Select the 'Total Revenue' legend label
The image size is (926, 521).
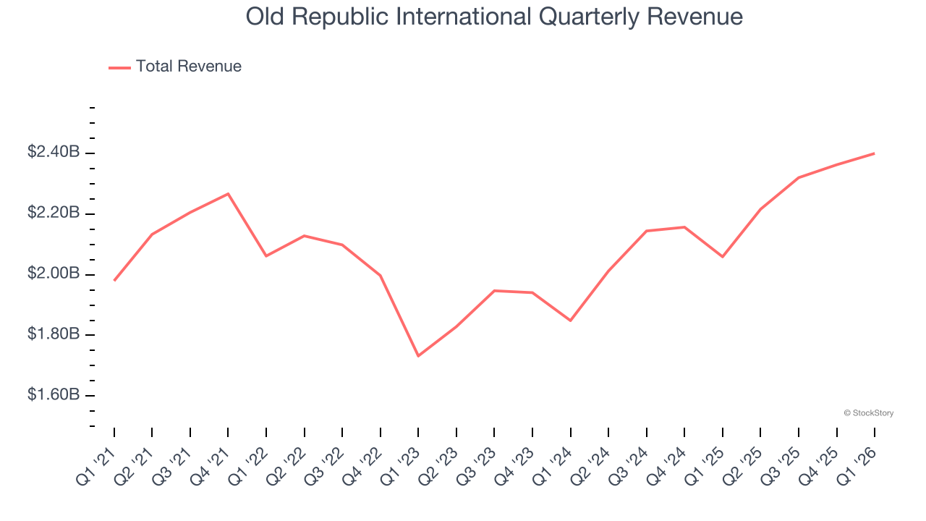click(188, 67)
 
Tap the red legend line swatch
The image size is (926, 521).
click(119, 67)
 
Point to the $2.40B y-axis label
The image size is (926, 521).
click(54, 153)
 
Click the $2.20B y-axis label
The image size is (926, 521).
click(54, 213)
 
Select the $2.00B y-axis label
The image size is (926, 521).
click(54, 274)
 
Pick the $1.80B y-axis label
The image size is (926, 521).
click(54, 335)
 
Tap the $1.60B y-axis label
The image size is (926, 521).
click(54, 396)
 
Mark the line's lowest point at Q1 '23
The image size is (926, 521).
click(418, 356)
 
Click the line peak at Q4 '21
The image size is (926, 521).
click(228, 193)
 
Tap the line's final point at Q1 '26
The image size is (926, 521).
click(875, 153)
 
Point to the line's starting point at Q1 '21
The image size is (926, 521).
click(114, 281)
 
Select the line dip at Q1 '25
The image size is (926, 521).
click(722, 257)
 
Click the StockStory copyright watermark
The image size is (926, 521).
click(868, 413)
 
